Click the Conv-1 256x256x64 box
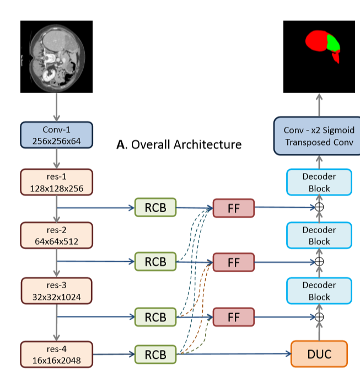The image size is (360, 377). [x=56, y=135]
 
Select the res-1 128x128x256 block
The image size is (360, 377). [x=56, y=183]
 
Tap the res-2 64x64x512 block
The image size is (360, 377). [x=56, y=235]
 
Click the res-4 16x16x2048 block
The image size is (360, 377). [x=56, y=354]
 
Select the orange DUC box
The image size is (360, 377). [x=319, y=354]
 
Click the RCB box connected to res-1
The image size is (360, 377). [x=155, y=207]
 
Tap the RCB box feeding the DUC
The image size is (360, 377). [x=155, y=354]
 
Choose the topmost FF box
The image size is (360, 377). [x=233, y=207]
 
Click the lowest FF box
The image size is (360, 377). [x=233, y=317]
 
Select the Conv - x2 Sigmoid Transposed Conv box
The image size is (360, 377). [x=319, y=136]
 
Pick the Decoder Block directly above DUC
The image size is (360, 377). [x=319, y=290]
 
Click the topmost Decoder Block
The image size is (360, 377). [x=319, y=182]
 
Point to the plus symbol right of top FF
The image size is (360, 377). [x=319, y=208]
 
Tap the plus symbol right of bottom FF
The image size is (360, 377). [x=319, y=317]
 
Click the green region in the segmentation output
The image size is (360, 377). [x=333, y=42]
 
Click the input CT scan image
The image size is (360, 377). [x=56, y=56]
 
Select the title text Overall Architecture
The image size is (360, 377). [x=179, y=144]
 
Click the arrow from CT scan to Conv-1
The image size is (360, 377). [x=56, y=107]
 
